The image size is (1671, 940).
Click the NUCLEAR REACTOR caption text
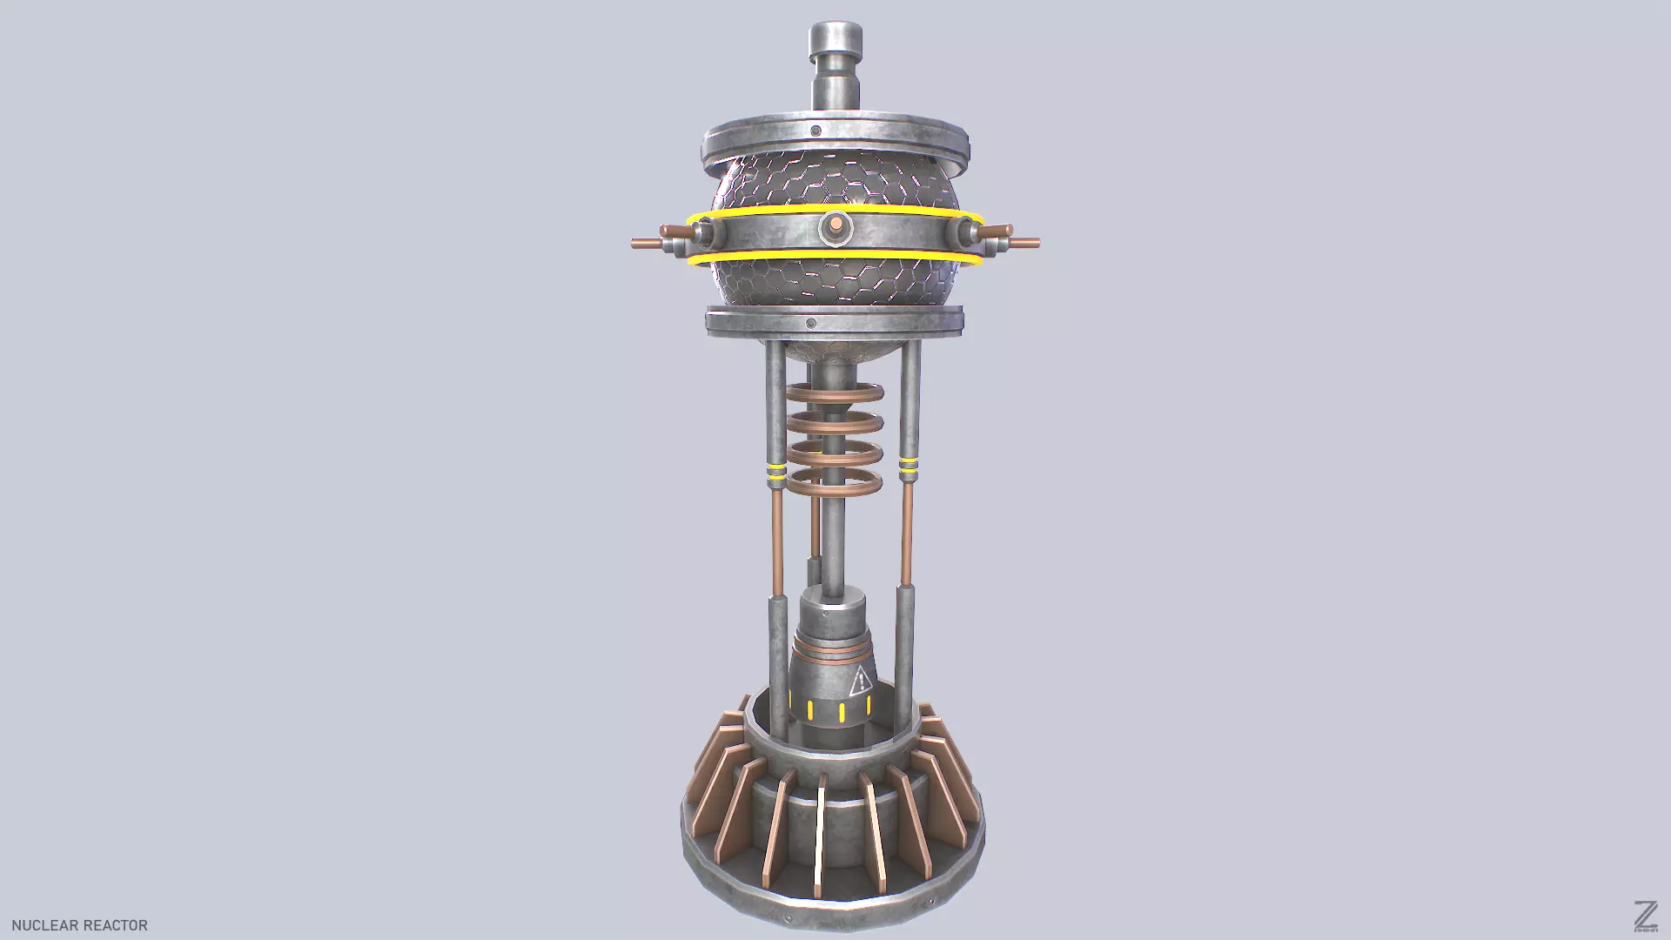click(x=79, y=925)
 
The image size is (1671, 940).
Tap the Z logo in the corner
click(x=1645, y=916)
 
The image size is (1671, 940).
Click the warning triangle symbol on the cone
click(x=860, y=681)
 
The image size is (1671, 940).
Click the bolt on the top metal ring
click(x=815, y=131)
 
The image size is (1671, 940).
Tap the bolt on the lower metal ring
click(x=811, y=324)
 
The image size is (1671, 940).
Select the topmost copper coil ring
click(x=835, y=393)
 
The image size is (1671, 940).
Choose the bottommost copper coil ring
click(x=835, y=484)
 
